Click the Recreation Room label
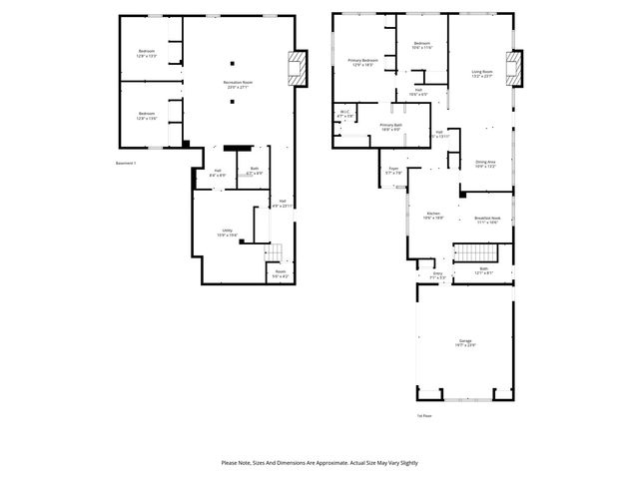point(238,84)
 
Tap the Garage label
point(466,342)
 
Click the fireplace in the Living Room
point(516,68)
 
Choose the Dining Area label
point(484,164)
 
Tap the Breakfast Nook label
point(487,221)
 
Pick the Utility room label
point(228,234)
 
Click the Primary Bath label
point(390,127)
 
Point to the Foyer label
point(394,171)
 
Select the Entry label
point(437,274)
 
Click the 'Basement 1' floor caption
point(126,163)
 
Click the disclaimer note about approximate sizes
point(319,462)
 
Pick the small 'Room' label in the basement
point(281,273)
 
